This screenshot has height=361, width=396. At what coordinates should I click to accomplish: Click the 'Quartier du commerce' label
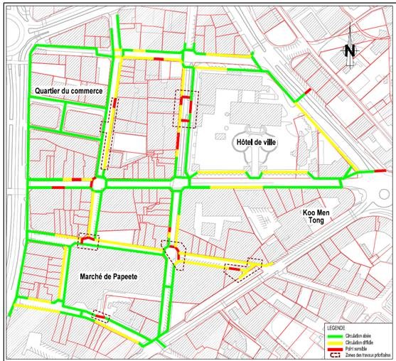[x=68, y=92]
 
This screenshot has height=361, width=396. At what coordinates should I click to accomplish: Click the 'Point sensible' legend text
[x=365, y=347]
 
